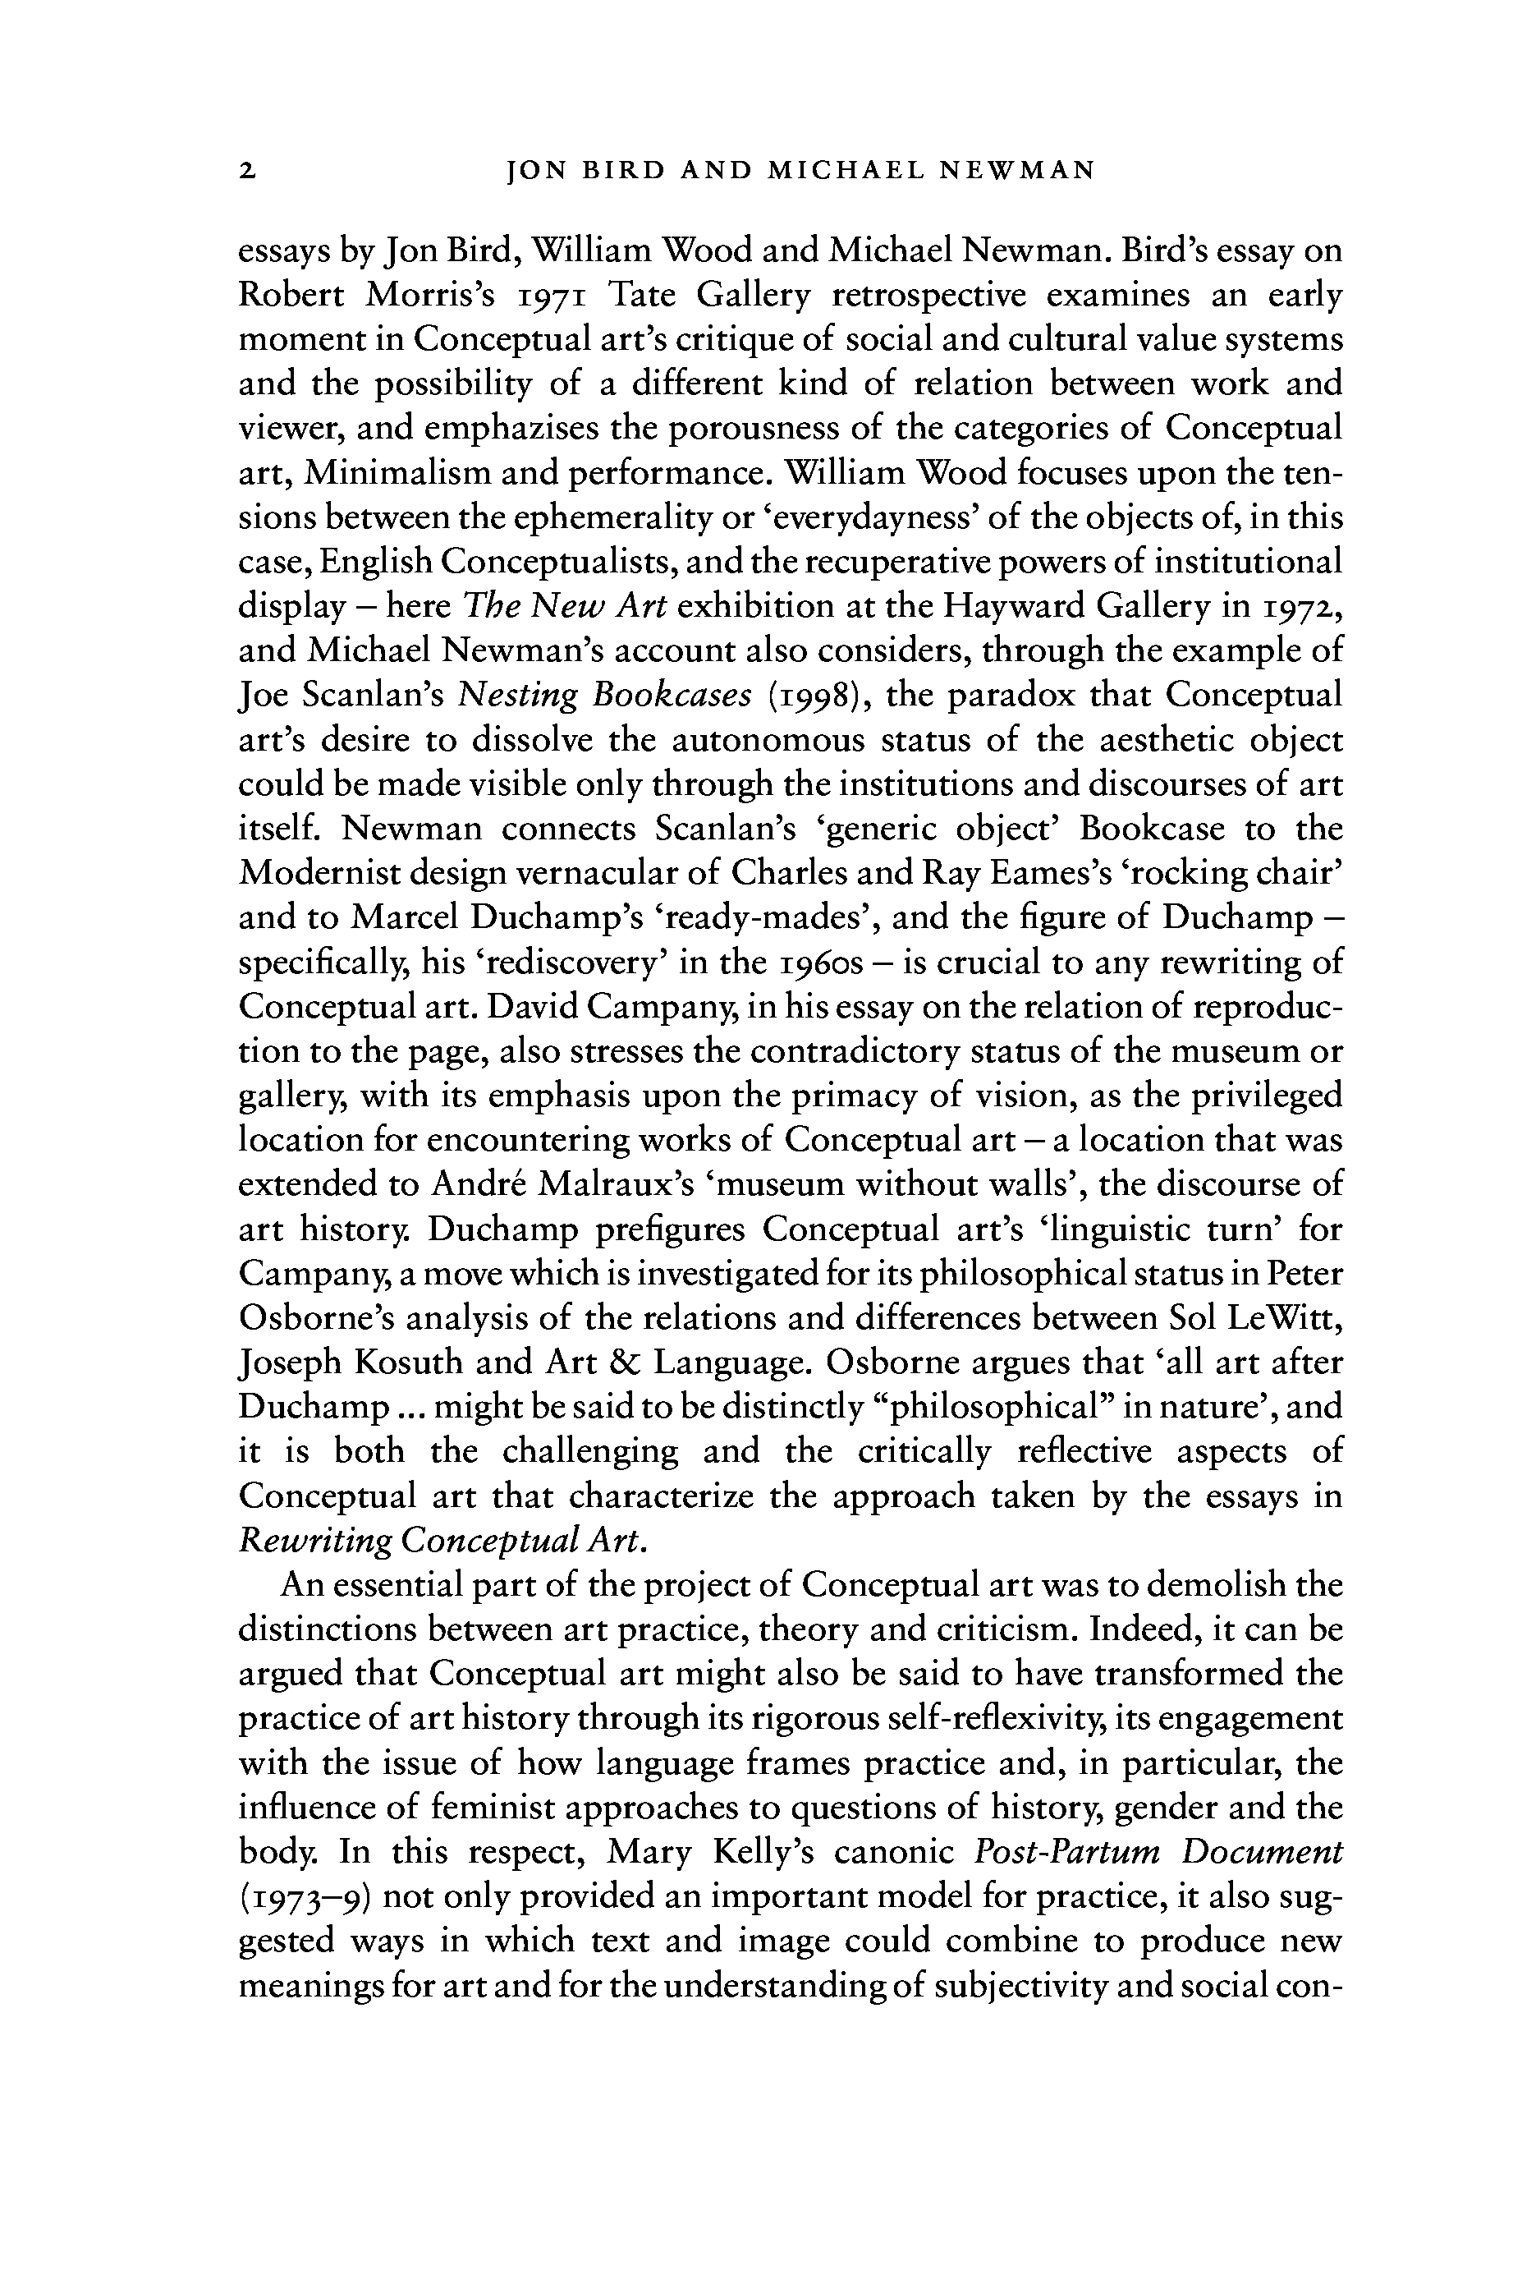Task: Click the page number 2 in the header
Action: tap(248, 172)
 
